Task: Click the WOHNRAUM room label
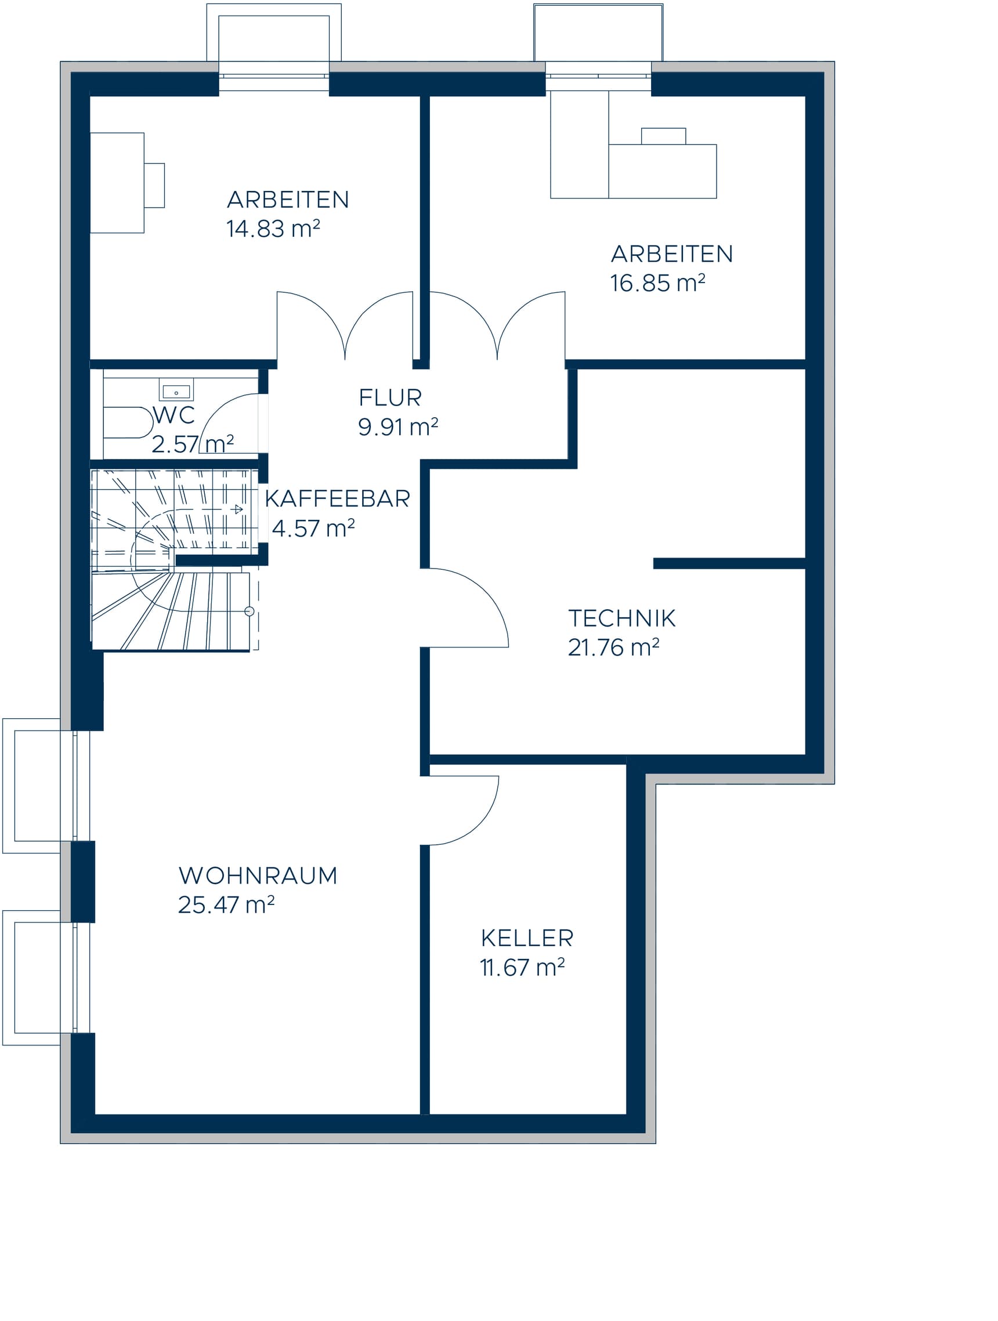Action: pyautogui.click(x=258, y=875)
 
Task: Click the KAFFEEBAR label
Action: pyautogui.click(x=337, y=499)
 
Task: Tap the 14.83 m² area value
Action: pyautogui.click(x=273, y=229)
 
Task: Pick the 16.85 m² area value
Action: pyautogui.click(x=657, y=283)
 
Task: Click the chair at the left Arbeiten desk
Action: pyautogui.click(x=154, y=185)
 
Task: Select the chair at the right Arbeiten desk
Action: pyautogui.click(x=663, y=136)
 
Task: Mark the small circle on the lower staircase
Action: pyautogui.click(x=249, y=611)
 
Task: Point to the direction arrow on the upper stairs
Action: pyautogui.click(x=238, y=509)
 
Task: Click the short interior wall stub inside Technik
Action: pyautogui.click(x=729, y=563)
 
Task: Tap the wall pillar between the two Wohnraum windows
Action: pyautogui.click(x=83, y=881)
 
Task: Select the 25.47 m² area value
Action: pyautogui.click(x=226, y=906)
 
